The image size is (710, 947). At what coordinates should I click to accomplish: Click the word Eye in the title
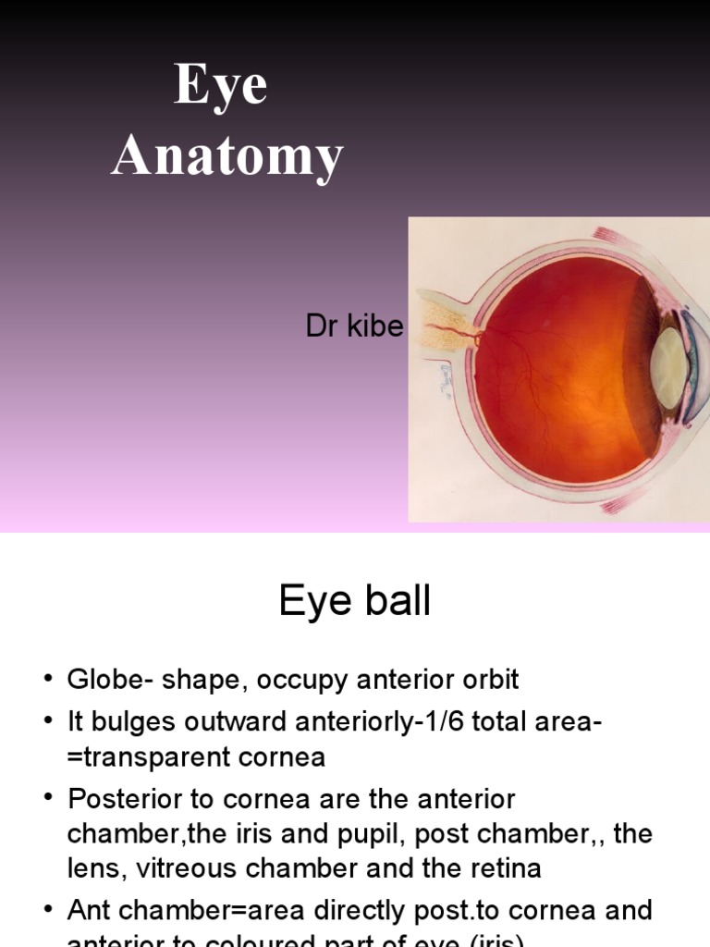click(222, 87)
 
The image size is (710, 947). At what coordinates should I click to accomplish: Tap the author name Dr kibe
click(354, 326)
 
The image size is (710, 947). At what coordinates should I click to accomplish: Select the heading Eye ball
click(355, 602)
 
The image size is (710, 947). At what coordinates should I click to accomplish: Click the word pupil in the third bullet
click(376, 834)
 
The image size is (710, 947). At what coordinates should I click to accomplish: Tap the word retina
click(506, 868)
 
